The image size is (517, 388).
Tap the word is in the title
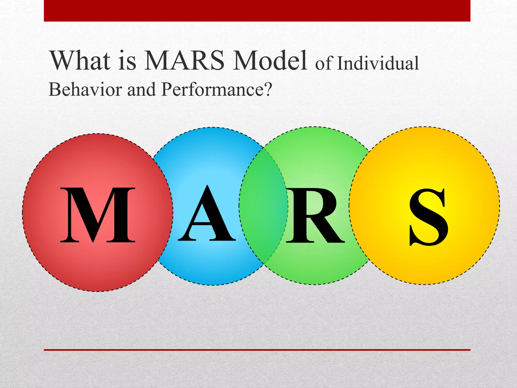coord(127,61)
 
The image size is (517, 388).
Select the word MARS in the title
coord(184,61)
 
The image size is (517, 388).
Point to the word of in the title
coord(324,64)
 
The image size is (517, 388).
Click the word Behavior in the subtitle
coord(85,89)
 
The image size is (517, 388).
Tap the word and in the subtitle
coord(141,89)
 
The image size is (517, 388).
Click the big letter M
coord(98,215)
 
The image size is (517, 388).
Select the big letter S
coord(429,217)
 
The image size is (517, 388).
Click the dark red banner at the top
coord(257,11)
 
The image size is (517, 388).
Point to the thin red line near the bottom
coord(257,350)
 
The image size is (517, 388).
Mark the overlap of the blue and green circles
coord(263,206)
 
